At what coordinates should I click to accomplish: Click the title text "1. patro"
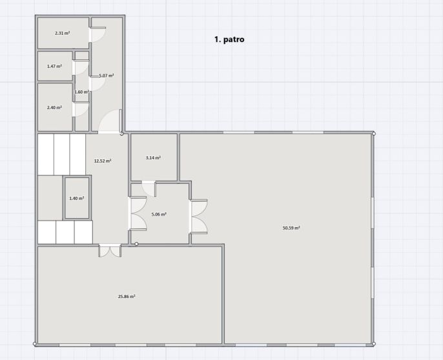[229, 39]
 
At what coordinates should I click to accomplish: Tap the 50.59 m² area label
[291, 228]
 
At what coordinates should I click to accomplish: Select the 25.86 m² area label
[127, 297]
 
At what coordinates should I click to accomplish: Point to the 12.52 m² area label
[103, 161]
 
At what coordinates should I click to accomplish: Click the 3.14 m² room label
[154, 158]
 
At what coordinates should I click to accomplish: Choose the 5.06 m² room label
[159, 214]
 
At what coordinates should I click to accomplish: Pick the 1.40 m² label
[77, 199]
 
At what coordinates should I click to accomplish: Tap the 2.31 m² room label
[63, 33]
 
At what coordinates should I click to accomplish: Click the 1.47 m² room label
[54, 66]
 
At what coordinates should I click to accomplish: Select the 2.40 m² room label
[54, 108]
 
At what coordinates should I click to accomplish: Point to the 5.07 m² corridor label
[107, 75]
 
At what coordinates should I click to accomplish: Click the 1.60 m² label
[82, 92]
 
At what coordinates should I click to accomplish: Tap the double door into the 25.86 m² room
[110, 250]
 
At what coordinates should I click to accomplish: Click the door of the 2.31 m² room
[98, 34]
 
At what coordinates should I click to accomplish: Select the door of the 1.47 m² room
[81, 67]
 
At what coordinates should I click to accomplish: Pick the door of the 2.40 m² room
[81, 109]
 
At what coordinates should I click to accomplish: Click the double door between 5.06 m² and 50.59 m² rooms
[198, 217]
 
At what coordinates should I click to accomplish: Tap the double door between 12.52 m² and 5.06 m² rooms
[138, 214]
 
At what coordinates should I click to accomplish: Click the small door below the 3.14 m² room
[149, 188]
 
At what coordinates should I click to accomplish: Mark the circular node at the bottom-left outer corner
[35, 344]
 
